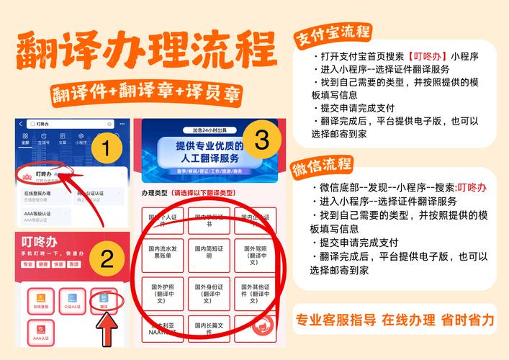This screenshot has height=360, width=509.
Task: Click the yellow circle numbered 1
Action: [106, 151]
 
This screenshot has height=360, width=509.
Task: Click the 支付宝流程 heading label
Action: [332, 33]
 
